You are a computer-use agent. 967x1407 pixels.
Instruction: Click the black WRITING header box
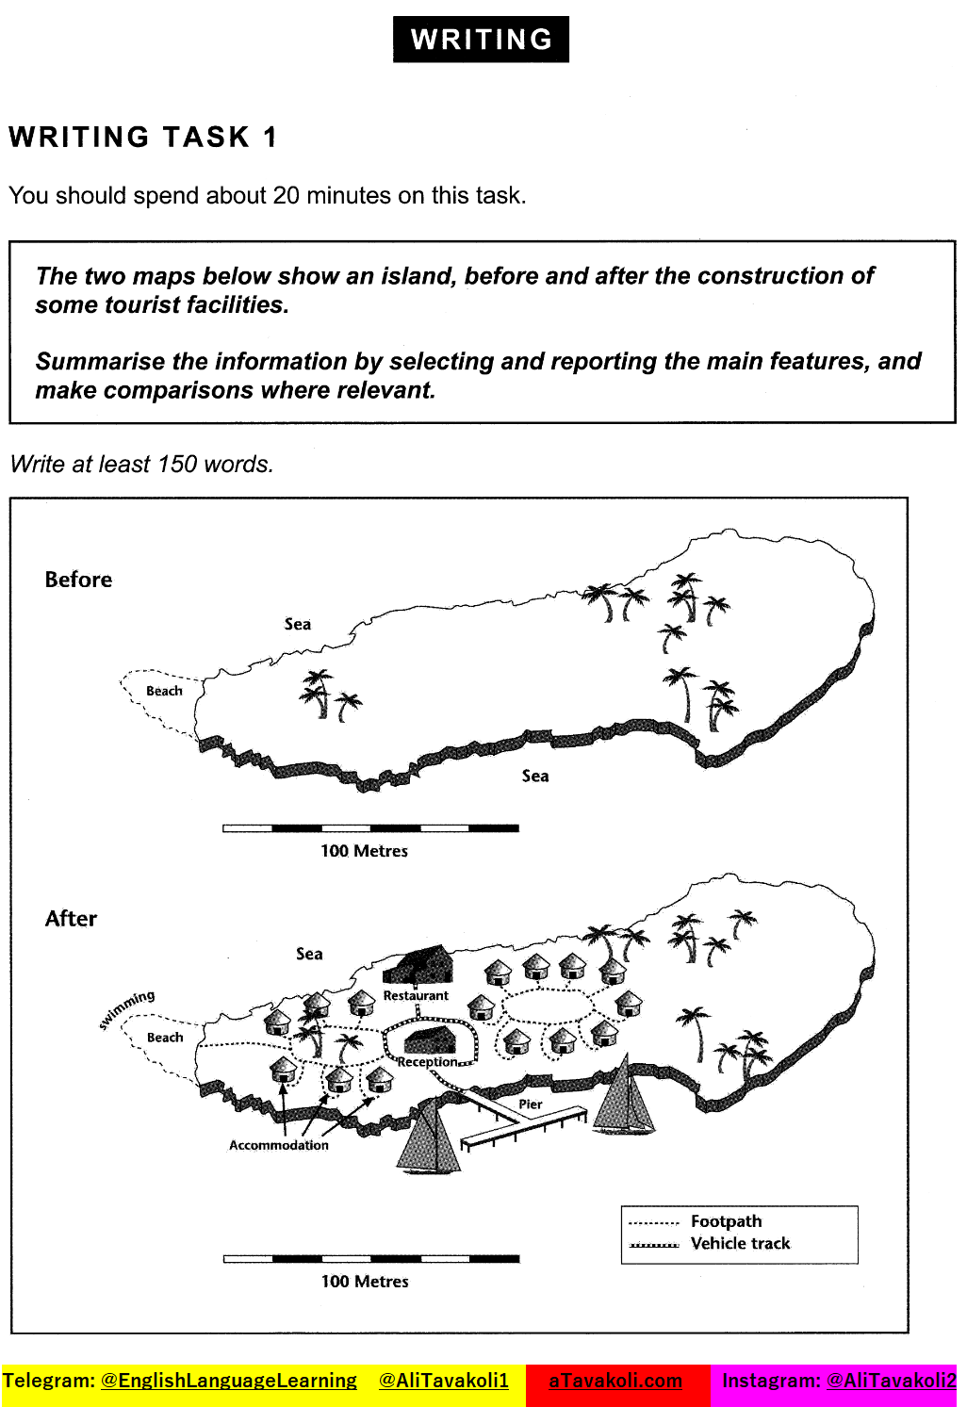[481, 40]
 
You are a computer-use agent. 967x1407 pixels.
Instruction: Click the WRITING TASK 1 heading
[143, 138]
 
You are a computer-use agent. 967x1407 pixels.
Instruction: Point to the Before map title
[78, 580]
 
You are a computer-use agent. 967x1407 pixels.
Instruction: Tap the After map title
[71, 919]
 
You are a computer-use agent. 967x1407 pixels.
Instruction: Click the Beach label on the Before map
[164, 691]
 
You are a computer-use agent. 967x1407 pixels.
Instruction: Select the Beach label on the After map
[165, 1038]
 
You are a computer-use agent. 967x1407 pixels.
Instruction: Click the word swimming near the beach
[127, 1009]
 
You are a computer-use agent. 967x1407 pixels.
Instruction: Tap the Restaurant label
[416, 996]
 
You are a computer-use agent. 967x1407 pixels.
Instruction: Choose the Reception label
[427, 1062]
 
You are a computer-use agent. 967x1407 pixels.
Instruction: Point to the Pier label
[531, 1104]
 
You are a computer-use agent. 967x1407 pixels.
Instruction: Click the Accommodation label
[279, 1145]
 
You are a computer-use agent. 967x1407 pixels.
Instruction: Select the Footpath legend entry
[726, 1221]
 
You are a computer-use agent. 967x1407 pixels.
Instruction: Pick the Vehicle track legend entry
[740, 1244]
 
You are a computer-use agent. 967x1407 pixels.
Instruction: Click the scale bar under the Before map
[370, 828]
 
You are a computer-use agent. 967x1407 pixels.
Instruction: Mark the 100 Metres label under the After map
[365, 1282]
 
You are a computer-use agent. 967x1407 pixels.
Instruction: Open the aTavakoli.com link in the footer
[615, 1381]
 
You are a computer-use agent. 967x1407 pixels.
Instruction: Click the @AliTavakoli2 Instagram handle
[891, 1381]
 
